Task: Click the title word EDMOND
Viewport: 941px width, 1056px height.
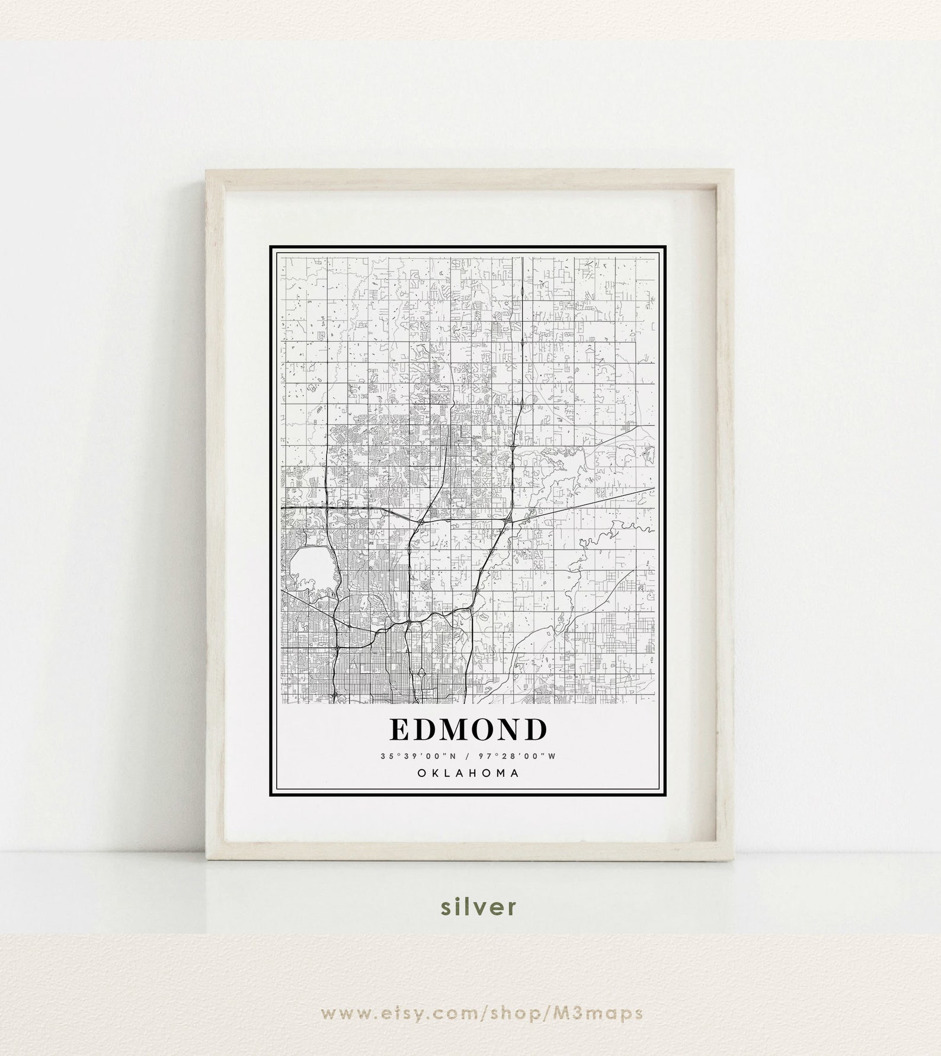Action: coord(468,730)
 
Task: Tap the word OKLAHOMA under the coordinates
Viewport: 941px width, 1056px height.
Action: coord(468,773)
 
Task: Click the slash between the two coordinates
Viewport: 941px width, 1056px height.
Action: coord(468,756)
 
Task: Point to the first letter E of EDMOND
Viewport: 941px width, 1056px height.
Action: coord(400,730)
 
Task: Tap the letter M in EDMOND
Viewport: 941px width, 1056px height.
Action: coord(453,730)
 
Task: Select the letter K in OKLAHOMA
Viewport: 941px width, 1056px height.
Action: coord(434,773)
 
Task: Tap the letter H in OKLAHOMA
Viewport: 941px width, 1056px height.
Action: coord(474,773)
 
